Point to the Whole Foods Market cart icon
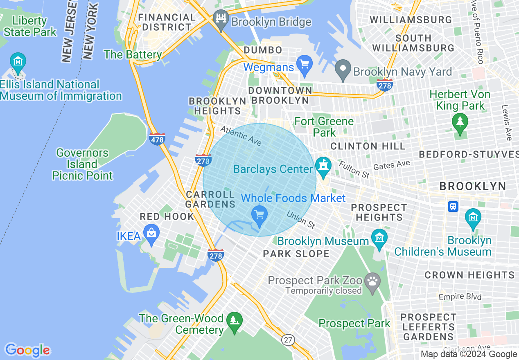[x=259, y=214]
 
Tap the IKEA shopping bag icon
[x=151, y=234]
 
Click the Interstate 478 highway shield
[x=157, y=139]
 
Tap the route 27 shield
[x=288, y=340]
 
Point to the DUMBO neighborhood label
[x=263, y=50]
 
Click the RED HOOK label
[x=167, y=216]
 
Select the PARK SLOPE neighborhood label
[x=296, y=254]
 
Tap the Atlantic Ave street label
[x=241, y=135]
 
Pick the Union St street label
[x=300, y=220]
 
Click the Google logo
[x=27, y=350]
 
